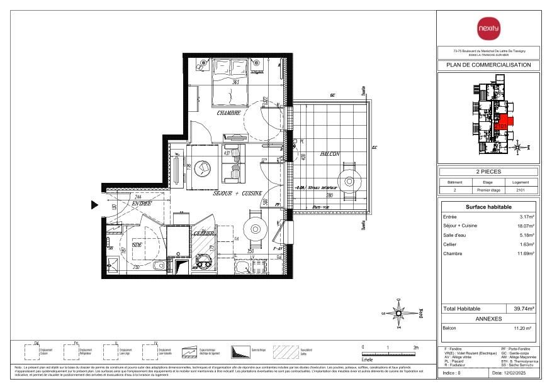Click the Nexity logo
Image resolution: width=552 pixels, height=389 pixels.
pyautogui.click(x=488, y=28)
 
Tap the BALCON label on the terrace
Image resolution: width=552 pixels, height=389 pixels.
pyautogui.click(x=329, y=153)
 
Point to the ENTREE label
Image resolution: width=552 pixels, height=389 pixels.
pyautogui.click(x=141, y=204)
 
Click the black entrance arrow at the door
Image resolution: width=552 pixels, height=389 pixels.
pyautogui.click(x=95, y=204)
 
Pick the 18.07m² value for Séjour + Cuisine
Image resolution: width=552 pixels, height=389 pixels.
pyautogui.click(x=526, y=226)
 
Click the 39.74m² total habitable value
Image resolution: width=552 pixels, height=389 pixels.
pyautogui.click(x=524, y=309)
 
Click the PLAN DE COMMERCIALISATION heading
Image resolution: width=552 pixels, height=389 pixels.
pyautogui.click(x=488, y=65)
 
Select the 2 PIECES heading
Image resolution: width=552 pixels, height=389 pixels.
pyautogui.click(x=488, y=172)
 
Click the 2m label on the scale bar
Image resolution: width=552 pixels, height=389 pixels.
pyautogui.click(x=415, y=347)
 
